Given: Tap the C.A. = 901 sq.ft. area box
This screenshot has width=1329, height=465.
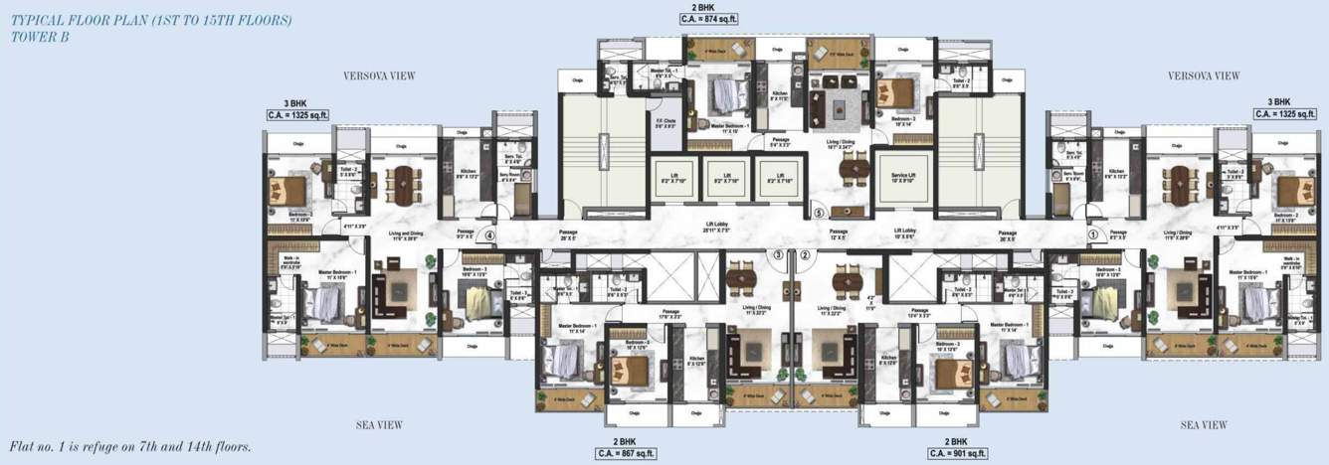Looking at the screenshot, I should (x=956, y=453).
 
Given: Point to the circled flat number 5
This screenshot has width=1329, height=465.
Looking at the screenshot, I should (x=819, y=212).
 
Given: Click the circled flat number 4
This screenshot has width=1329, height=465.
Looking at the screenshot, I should (x=489, y=235).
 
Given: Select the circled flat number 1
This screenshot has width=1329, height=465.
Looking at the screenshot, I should (x=1093, y=235).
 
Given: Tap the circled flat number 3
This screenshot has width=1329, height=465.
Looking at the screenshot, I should (x=779, y=254).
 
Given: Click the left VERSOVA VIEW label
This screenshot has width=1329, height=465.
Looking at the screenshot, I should (x=379, y=76).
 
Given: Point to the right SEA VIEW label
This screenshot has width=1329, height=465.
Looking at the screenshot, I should (x=1204, y=425).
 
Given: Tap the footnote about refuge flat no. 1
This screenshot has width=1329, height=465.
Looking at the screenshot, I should (x=129, y=447).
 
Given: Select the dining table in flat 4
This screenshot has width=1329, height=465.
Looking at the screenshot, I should (x=404, y=184).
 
